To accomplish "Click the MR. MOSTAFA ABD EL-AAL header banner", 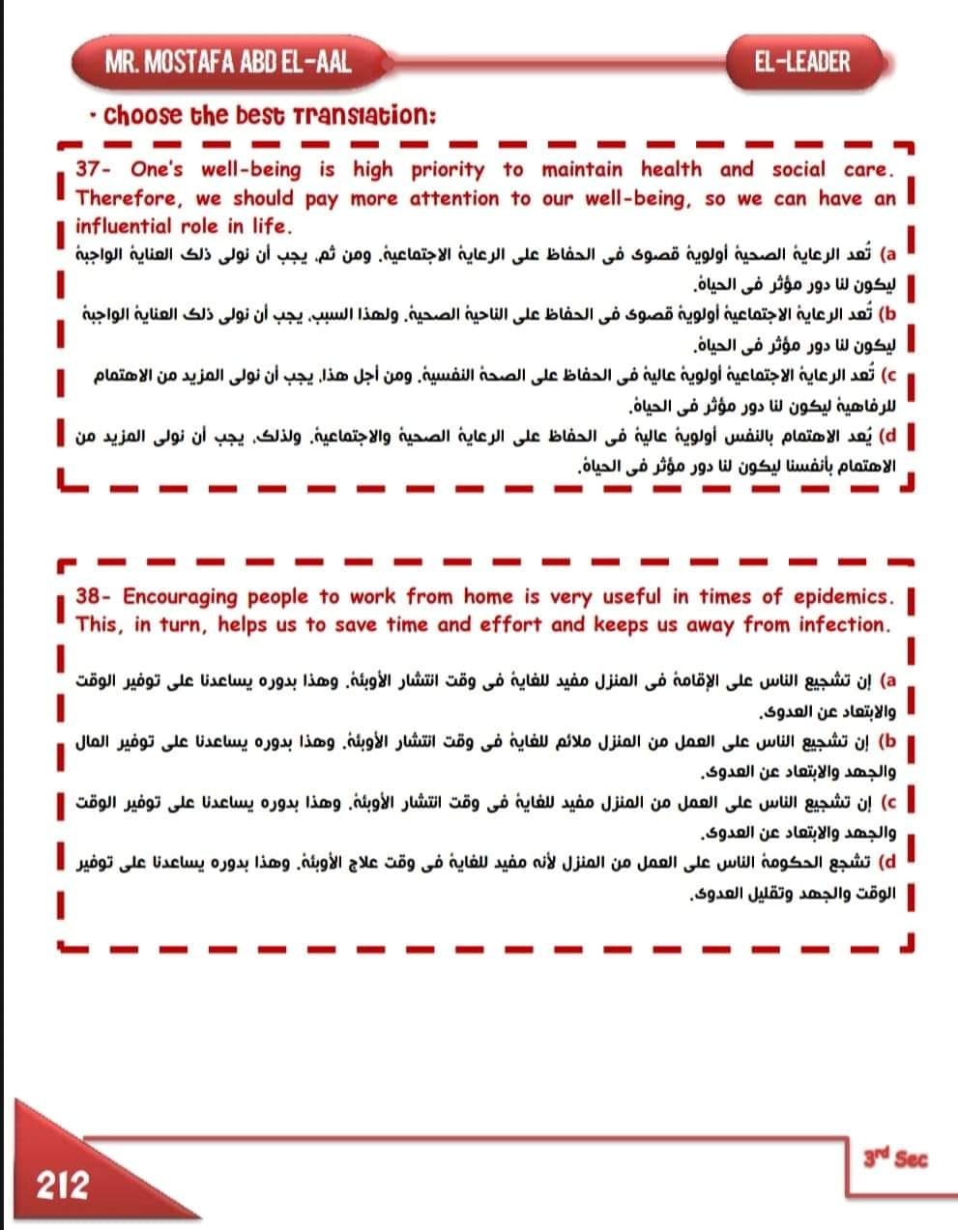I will point(228,63).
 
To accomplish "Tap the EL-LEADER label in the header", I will point(802,63).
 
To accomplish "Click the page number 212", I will point(62,1185).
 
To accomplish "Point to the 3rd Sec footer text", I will point(895,1158).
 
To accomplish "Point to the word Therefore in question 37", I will point(127,199).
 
